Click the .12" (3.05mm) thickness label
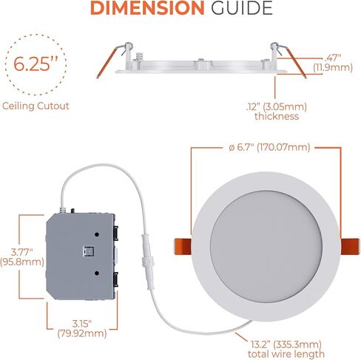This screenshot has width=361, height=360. (276, 110)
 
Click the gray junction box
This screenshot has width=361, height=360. (79, 254)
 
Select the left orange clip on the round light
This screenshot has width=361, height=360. (187, 244)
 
